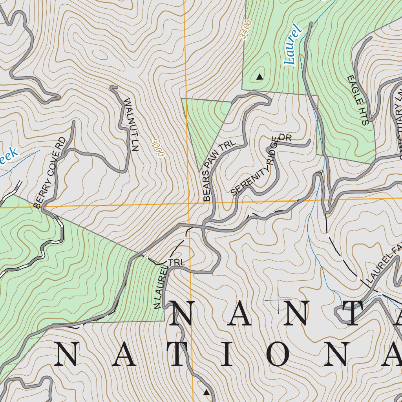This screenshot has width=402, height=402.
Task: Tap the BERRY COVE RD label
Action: pos(50,172)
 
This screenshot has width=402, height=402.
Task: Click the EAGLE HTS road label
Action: pos(358,100)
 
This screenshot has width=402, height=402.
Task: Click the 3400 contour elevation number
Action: pos(245,30)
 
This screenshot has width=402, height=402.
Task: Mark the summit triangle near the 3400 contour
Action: pos(259,77)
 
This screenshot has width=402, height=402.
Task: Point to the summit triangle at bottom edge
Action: pos(206,392)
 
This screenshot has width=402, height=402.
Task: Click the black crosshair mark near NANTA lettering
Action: pos(278,300)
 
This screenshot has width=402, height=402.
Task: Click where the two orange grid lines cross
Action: pos(188,203)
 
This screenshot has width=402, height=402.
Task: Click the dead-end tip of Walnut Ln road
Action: pos(113,87)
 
